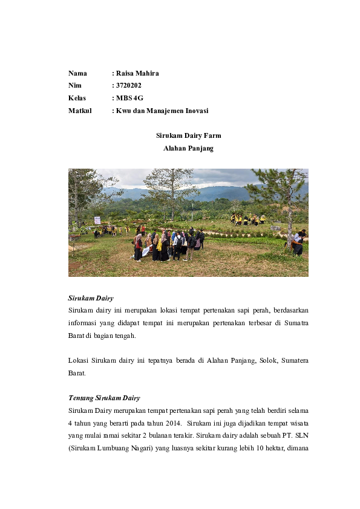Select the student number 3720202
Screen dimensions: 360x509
[x=128, y=86]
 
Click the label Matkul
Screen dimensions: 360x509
[x=80, y=111]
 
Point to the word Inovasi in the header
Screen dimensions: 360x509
[x=194, y=111]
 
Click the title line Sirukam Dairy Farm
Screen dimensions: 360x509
[x=188, y=136]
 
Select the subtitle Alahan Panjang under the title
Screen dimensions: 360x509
[x=188, y=148]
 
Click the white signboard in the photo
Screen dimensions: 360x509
[x=97, y=220]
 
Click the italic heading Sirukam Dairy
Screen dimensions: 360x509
[x=91, y=298]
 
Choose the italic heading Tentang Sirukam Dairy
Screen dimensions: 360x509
[x=104, y=398]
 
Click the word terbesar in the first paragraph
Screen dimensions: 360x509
[x=252, y=323]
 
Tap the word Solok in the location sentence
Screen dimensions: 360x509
[x=245, y=360]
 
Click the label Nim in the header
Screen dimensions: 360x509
[x=75, y=86]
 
